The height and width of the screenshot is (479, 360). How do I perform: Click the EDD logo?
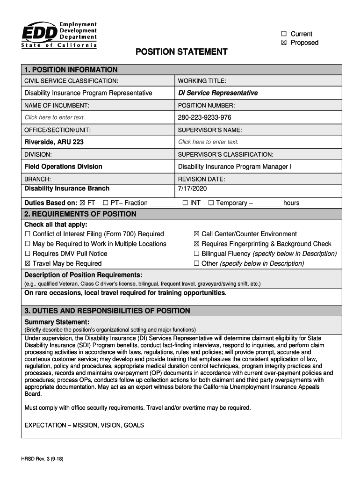point(59,34)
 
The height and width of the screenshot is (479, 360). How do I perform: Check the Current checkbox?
point(283,34)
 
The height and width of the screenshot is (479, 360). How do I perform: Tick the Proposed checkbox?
point(283,43)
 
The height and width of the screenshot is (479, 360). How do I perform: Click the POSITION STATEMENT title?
point(181,51)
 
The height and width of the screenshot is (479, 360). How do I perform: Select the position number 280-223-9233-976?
point(204,117)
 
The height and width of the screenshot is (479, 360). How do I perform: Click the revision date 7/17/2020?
point(192,189)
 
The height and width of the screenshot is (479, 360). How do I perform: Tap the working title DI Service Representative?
point(218,93)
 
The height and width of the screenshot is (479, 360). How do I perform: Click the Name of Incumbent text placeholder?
point(55,117)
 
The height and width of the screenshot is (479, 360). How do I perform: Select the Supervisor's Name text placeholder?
point(208,142)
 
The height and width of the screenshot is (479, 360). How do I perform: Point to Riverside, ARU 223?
point(54,142)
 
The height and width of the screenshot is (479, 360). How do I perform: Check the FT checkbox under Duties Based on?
point(83,203)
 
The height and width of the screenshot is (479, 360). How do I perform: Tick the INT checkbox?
point(185,203)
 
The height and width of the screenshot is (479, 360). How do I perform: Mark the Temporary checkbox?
point(211,203)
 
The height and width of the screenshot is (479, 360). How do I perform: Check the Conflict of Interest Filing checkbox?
point(28,234)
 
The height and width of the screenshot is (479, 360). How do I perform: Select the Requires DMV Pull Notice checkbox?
point(28,254)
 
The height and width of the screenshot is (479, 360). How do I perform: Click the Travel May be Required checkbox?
point(28,263)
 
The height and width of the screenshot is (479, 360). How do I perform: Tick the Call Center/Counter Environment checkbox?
point(196,234)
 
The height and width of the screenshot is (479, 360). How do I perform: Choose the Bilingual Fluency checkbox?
point(196,254)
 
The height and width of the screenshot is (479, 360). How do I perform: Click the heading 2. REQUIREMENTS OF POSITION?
point(80,214)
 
